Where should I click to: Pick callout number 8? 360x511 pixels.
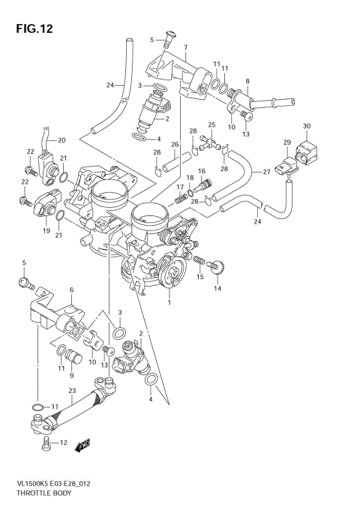point(248,80)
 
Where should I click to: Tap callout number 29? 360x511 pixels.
point(286,143)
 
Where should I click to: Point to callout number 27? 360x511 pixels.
point(265,172)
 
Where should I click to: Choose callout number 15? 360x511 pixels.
point(199,277)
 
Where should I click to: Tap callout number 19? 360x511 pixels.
point(46,231)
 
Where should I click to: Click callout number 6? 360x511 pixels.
point(71,290)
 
